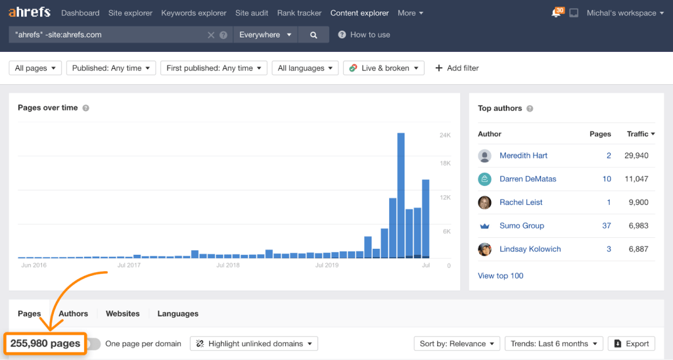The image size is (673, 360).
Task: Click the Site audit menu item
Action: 252,13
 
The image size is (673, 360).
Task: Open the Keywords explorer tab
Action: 194,13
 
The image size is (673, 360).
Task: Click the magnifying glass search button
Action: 313,35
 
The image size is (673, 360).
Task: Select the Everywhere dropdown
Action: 265,35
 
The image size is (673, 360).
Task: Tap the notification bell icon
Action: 556,13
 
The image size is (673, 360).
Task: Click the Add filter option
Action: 457,68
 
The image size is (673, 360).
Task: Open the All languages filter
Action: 305,68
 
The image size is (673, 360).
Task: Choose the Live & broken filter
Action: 384,68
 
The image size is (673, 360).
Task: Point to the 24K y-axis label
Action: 445,135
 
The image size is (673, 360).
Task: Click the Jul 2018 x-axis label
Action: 228,265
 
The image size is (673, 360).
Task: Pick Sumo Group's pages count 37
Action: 606,226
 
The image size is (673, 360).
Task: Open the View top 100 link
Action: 501,276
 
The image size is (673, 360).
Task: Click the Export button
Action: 632,344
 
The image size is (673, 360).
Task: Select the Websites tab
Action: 123,314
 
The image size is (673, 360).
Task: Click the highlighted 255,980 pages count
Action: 45,344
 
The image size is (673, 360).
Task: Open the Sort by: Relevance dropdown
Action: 456,344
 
